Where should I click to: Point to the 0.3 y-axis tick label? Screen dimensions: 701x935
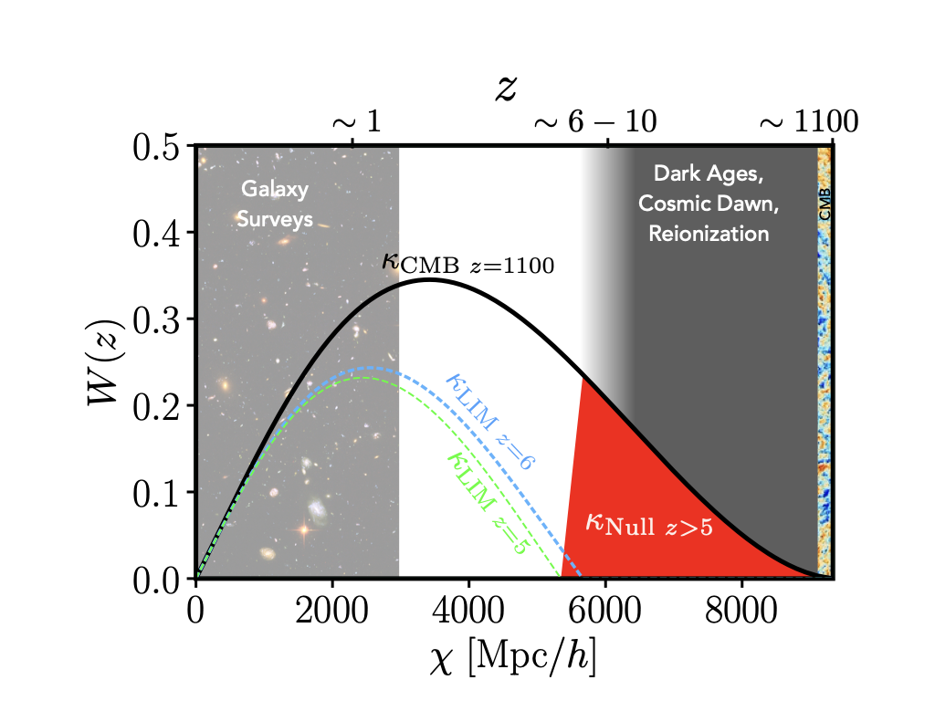163,319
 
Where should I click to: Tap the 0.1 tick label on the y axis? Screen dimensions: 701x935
163,493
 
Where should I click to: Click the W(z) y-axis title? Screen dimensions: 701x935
108,362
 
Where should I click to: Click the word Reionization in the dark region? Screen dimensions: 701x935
709,234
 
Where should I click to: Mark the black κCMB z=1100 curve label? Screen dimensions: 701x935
468,264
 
